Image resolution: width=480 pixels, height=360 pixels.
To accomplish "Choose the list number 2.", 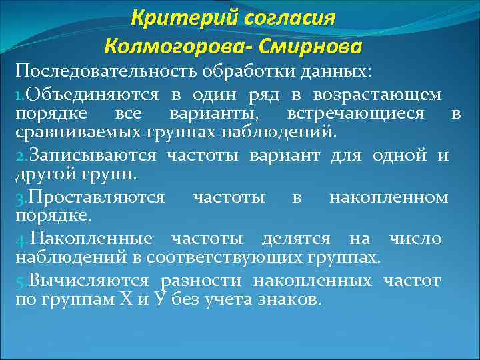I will point(20,157).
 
